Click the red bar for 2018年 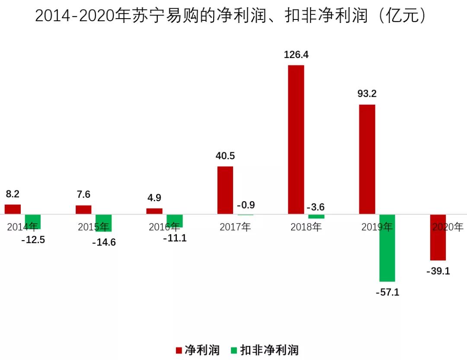[296, 139]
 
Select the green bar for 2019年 [387, 248]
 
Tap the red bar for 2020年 [438, 237]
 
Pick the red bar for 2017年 [225, 190]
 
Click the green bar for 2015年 [103, 223]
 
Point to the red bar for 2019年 [367, 159]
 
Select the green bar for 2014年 [32, 222]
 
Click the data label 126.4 [296, 55]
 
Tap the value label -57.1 [387, 292]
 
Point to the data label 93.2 [367, 94]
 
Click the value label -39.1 [438, 271]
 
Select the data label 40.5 [225, 156]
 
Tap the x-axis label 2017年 [235, 227]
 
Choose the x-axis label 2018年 [306, 227]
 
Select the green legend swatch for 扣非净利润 [233, 350]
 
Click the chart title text [233, 16]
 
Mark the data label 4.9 [154, 198]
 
